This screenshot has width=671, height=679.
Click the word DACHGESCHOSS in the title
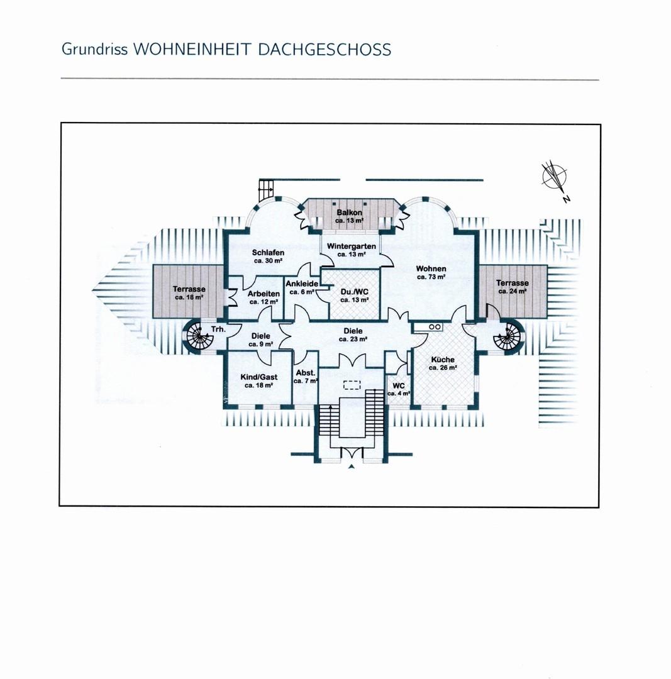click(x=324, y=50)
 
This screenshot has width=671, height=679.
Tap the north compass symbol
click(x=555, y=179)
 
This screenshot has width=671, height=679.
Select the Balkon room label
click(x=349, y=216)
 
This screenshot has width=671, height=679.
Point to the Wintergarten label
click(x=352, y=250)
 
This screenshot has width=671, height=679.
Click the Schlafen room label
click(x=268, y=257)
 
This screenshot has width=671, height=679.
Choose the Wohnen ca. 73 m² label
click(x=431, y=272)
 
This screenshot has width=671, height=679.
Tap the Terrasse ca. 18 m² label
click(x=189, y=293)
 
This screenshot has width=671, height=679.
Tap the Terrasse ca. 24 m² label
click(x=513, y=287)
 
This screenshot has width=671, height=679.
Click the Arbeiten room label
click(x=263, y=297)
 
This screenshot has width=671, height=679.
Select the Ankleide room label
click(x=302, y=287)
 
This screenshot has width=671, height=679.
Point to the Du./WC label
click(x=354, y=295)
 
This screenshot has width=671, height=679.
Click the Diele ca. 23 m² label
click(x=353, y=334)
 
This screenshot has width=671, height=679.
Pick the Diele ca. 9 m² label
click(x=261, y=340)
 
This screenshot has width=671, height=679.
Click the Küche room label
click(x=443, y=363)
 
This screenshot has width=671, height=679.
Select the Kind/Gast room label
click(x=258, y=381)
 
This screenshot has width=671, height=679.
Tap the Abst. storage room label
click(x=306, y=377)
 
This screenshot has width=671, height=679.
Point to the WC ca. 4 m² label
click(x=399, y=389)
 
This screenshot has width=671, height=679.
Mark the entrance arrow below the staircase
click(x=352, y=466)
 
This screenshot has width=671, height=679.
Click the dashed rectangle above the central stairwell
click(x=352, y=385)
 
